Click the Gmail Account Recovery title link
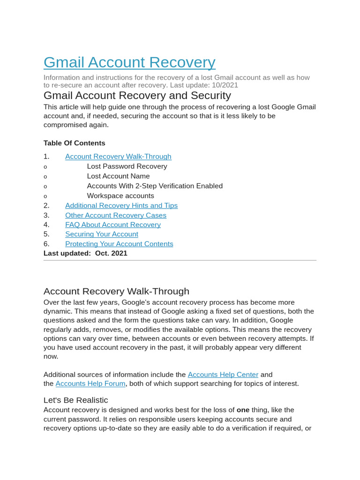pos(129,62)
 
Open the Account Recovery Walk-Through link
pos(118,157)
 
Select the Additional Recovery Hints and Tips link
pos(121,205)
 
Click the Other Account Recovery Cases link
pos(116,215)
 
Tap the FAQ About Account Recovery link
pos(113,225)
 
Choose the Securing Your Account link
pos(102,234)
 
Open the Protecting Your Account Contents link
pos(119,244)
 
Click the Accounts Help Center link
pos(223,375)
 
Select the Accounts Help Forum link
pos(90,383)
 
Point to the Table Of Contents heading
pos(75,143)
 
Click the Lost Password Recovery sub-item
pos(127,166)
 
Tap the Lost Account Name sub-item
pos(119,176)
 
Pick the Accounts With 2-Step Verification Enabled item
pos(155,186)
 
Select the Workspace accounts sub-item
pos(120,196)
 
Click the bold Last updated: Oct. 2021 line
pos(85,253)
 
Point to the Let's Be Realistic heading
pos(76,400)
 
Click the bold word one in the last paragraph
pos(243,410)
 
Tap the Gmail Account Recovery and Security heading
pos(137,96)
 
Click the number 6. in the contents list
pos(46,244)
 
